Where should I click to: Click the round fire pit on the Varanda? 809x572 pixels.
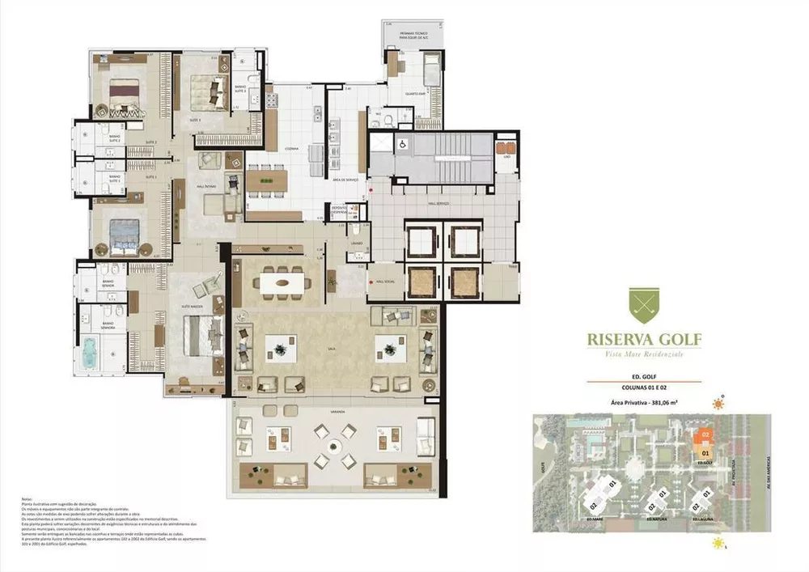336,446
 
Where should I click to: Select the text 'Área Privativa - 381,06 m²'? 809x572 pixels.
644,401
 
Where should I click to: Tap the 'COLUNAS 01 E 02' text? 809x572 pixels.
644,388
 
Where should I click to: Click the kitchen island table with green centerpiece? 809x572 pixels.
267,180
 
